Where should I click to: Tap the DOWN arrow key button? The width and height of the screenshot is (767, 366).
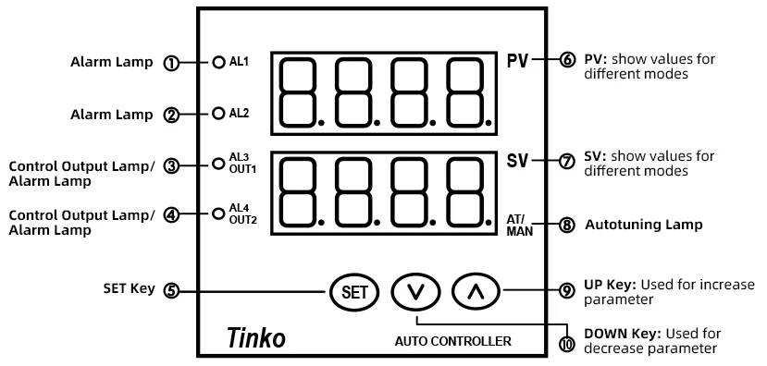point(415,292)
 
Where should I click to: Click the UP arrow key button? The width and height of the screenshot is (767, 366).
point(476,292)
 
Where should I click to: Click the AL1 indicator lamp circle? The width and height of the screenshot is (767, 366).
point(218,62)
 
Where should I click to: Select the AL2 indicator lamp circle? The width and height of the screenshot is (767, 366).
point(218,114)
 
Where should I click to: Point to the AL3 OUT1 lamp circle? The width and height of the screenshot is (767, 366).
point(218,164)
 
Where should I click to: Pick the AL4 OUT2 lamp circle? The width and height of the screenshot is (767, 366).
point(218,213)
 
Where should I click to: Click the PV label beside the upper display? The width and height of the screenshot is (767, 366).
point(517,61)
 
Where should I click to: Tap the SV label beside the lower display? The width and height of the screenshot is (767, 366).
point(517,161)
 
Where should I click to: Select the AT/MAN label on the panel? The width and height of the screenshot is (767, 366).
point(519,226)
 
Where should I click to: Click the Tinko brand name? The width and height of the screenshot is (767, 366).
point(256,337)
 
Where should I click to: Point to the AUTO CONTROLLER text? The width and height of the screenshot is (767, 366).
point(453,341)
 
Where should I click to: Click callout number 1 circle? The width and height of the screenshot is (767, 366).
point(171,64)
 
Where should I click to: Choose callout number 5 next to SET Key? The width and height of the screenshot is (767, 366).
point(171,291)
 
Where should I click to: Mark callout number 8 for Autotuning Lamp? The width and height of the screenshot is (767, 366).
point(566,226)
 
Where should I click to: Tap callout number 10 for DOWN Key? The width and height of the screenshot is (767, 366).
point(566,344)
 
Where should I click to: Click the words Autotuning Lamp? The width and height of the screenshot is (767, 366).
point(644,225)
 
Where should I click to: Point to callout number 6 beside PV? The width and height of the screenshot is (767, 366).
point(566,61)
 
